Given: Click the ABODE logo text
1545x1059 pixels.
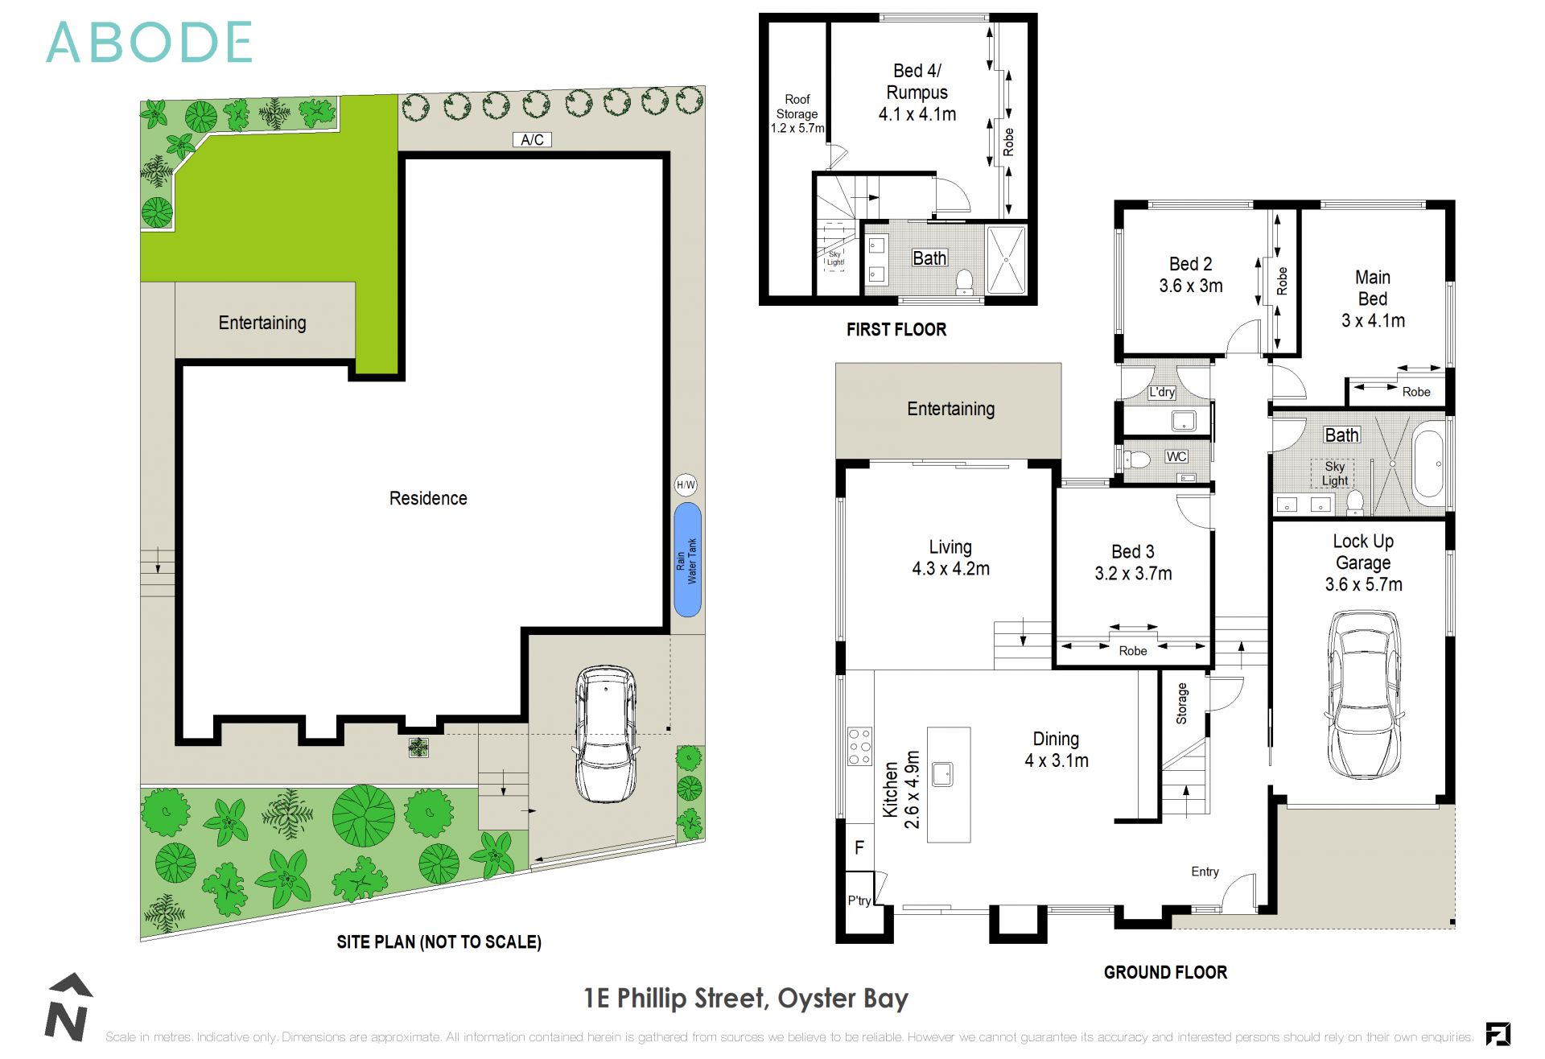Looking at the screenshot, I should coord(149,43).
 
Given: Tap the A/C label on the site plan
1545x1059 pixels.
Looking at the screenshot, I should coord(532,140).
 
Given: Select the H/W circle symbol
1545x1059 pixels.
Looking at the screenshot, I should coord(686,484).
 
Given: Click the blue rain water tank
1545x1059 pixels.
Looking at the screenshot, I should coord(687,560).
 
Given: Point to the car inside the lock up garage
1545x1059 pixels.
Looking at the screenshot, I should coord(1363,694).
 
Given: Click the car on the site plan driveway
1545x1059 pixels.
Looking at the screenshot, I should coord(607,733).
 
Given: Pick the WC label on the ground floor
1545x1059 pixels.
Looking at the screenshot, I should coord(1176,456).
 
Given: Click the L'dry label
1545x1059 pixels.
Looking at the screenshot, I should coord(1161,392).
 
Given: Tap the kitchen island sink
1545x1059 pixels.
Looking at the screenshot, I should coord(942,774).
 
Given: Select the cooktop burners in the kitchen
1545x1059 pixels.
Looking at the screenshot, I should coord(859,746).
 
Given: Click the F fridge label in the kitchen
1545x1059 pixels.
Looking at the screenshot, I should coord(859,847).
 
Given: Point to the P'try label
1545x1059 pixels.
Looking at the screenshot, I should coord(859,900).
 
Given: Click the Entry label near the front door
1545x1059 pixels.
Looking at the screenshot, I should coord(1205,872).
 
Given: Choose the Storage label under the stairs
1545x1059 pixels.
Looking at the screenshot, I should coord(1181,703).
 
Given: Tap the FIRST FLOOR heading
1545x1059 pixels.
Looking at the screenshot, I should coord(896,329).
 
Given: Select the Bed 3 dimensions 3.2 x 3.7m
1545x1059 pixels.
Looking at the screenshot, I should coord(1133,574).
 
